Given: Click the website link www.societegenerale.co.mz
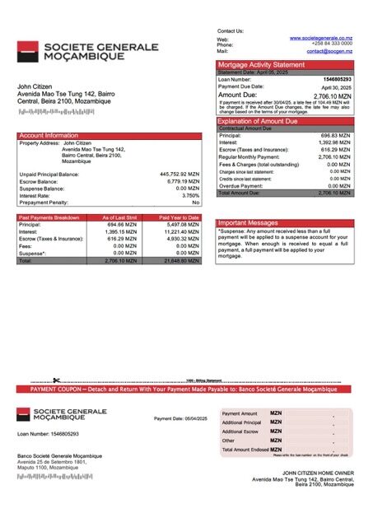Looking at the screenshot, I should pyautogui.click(x=321, y=38).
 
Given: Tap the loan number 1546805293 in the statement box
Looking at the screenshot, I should pyautogui.click(x=345, y=79).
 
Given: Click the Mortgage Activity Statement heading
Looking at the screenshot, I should pyautogui.click(x=260, y=64).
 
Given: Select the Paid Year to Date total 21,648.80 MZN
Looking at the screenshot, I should pyautogui.click(x=181, y=260).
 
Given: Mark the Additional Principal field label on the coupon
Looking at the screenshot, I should pyautogui.click(x=240, y=422).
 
